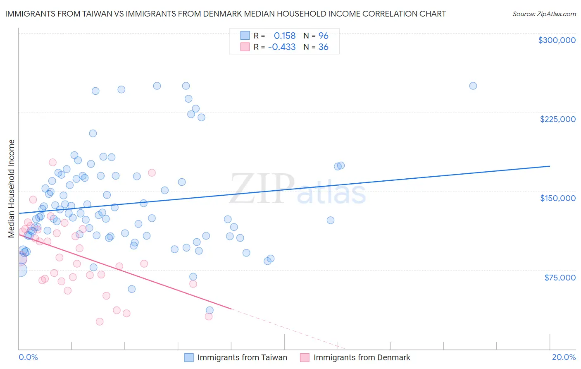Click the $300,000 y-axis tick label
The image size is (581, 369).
tap(557, 40)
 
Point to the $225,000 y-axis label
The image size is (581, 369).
tap(557, 119)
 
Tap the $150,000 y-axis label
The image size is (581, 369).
tap(557, 198)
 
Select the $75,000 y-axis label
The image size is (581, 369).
tap(560, 278)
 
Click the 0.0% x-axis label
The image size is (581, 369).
tap(28, 357)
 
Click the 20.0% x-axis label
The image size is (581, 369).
tap(564, 357)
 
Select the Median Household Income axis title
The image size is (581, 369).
tap(12, 189)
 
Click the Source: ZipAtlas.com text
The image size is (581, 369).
tap(544, 14)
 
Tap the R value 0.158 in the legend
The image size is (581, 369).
tap(285, 36)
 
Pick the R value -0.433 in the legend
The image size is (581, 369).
tap(282, 47)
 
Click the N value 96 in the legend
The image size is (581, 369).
tap(323, 36)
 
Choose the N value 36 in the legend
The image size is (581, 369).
tap(323, 47)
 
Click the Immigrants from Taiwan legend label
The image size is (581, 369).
tap(242, 357)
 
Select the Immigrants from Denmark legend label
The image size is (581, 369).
tap(362, 357)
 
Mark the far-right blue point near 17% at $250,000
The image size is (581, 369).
tap(473, 86)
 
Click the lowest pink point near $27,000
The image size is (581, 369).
tap(100, 321)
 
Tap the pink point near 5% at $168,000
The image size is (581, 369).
tap(152, 173)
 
